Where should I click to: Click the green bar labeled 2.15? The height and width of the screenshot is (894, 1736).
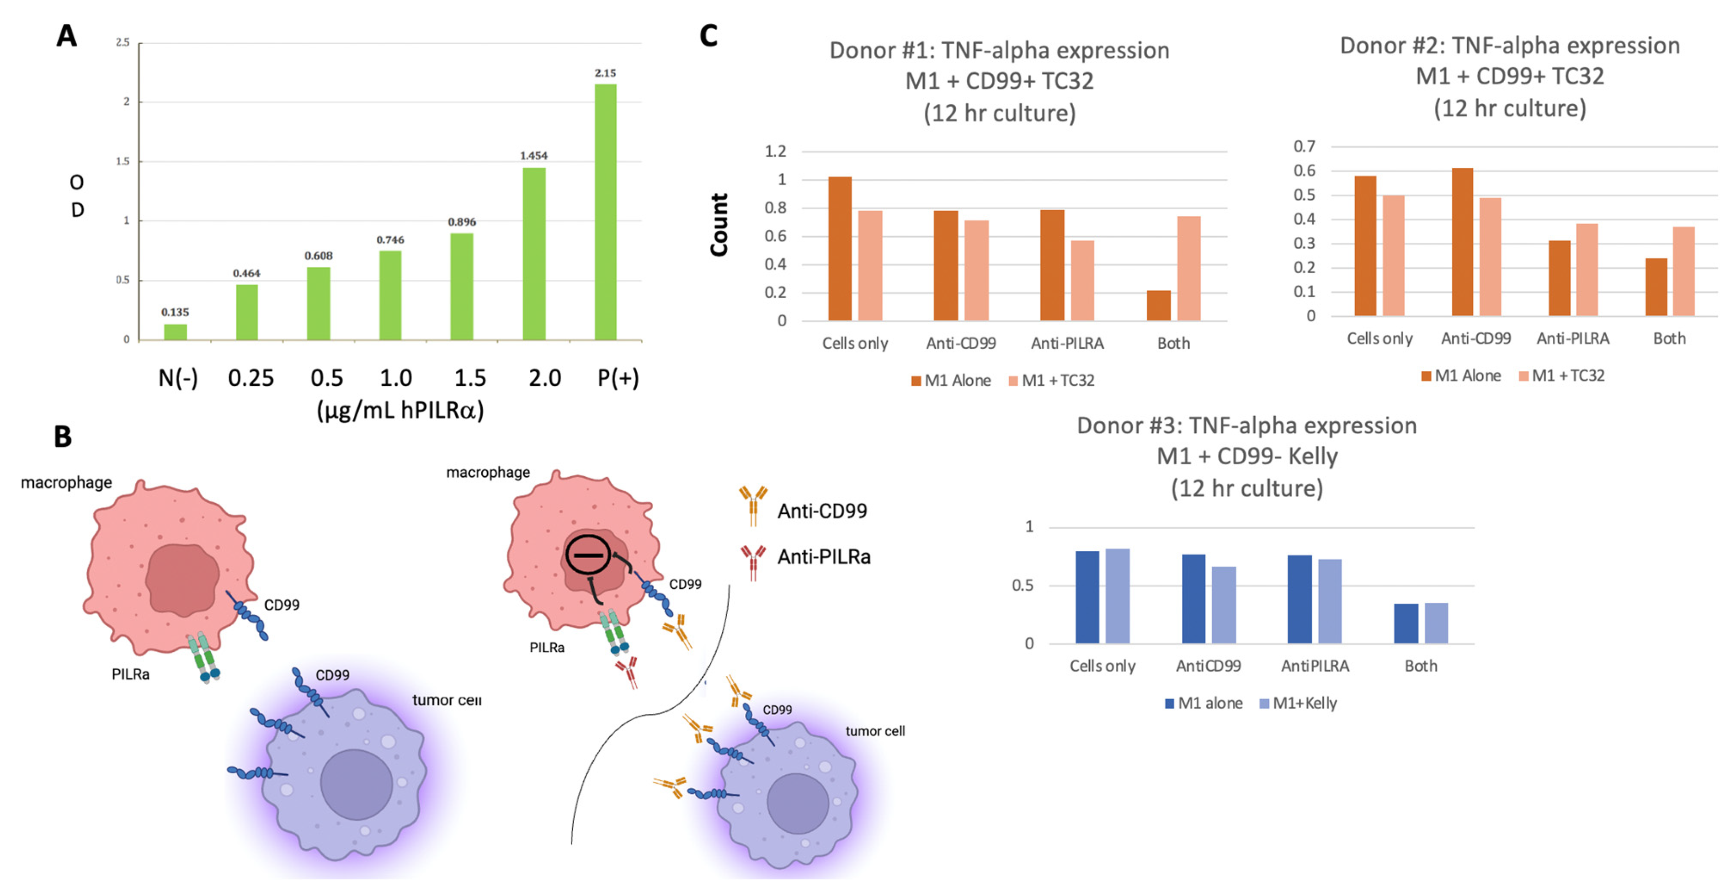pyautogui.click(x=605, y=212)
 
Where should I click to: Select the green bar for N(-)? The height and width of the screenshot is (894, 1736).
pyautogui.click(x=175, y=332)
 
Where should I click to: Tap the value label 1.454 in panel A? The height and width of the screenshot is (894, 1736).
pyautogui.click(x=534, y=155)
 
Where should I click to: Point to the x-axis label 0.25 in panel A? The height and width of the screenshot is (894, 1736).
pyautogui.click(x=250, y=378)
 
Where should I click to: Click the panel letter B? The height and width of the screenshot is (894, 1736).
pyautogui.click(x=63, y=436)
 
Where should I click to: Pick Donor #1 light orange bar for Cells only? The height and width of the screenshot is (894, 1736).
pyautogui.click(x=870, y=266)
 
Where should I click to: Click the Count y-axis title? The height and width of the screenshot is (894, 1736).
pyautogui.click(x=719, y=225)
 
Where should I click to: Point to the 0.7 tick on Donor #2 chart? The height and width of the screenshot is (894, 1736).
pyautogui.click(x=1304, y=146)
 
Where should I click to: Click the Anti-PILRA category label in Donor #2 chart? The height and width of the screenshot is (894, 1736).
pyautogui.click(x=1573, y=338)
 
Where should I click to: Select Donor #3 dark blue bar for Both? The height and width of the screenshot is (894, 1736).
pyautogui.click(x=1406, y=624)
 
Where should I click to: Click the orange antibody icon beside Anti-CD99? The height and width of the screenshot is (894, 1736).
pyautogui.click(x=753, y=506)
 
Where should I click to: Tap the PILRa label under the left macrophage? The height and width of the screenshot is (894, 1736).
pyautogui.click(x=131, y=674)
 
